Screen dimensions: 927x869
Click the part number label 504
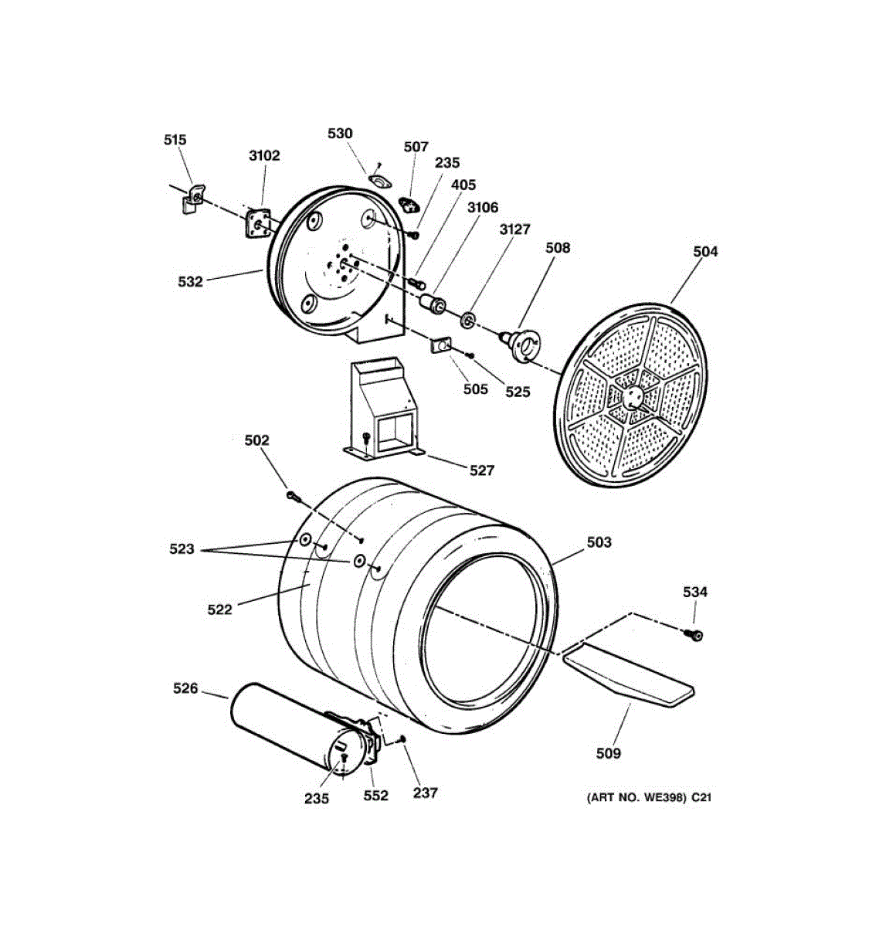click(x=704, y=252)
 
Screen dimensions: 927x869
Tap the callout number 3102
click(x=264, y=155)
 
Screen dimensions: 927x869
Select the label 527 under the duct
click(x=481, y=470)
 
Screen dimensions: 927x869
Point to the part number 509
click(x=608, y=753)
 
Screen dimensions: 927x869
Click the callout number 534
click(x=694, y=593)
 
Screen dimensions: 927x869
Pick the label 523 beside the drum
click(x=182, y=549)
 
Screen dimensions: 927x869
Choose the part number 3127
click(x=514, y=229)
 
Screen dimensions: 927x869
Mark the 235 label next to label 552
click(x=316, y=799)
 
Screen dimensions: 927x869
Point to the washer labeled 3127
click(x=468, y=320)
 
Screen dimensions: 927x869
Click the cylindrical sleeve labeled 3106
click(x=431, y=303)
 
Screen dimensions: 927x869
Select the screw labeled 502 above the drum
click(x=292, y=495)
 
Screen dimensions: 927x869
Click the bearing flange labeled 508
click(x=522, y=345)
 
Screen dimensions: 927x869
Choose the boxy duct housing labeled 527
click(x=382, y=409)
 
